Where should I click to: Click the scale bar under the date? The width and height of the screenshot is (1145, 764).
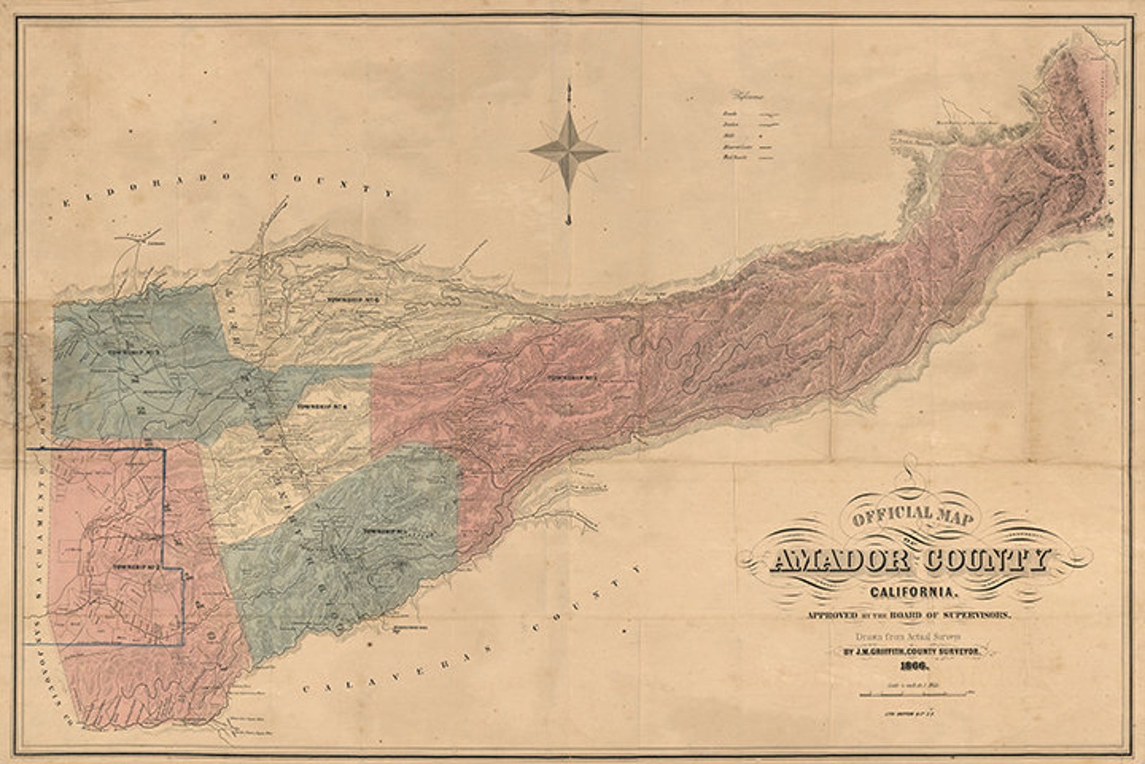coord(914,694)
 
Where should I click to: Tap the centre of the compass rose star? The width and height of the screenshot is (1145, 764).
coord(569,151)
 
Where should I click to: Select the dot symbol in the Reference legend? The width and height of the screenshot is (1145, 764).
coord(762,135)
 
